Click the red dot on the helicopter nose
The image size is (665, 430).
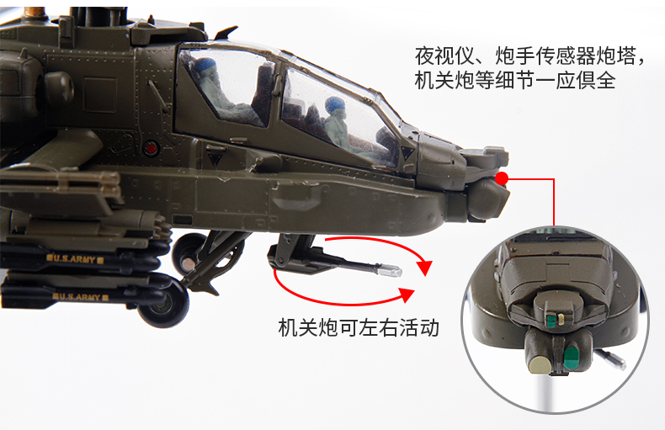click(503, 178)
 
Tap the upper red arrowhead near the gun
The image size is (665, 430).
click(424, 268)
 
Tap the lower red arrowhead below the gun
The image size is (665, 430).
click(408, 295)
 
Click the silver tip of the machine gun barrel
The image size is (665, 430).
click(394, 271)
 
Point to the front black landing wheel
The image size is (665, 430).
click(163, 304)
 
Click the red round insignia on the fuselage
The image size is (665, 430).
click(152, 149)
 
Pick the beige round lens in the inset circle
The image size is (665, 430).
click(539, 363)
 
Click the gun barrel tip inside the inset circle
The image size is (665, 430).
click(621, 364)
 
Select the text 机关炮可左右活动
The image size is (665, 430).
click(358, 327)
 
